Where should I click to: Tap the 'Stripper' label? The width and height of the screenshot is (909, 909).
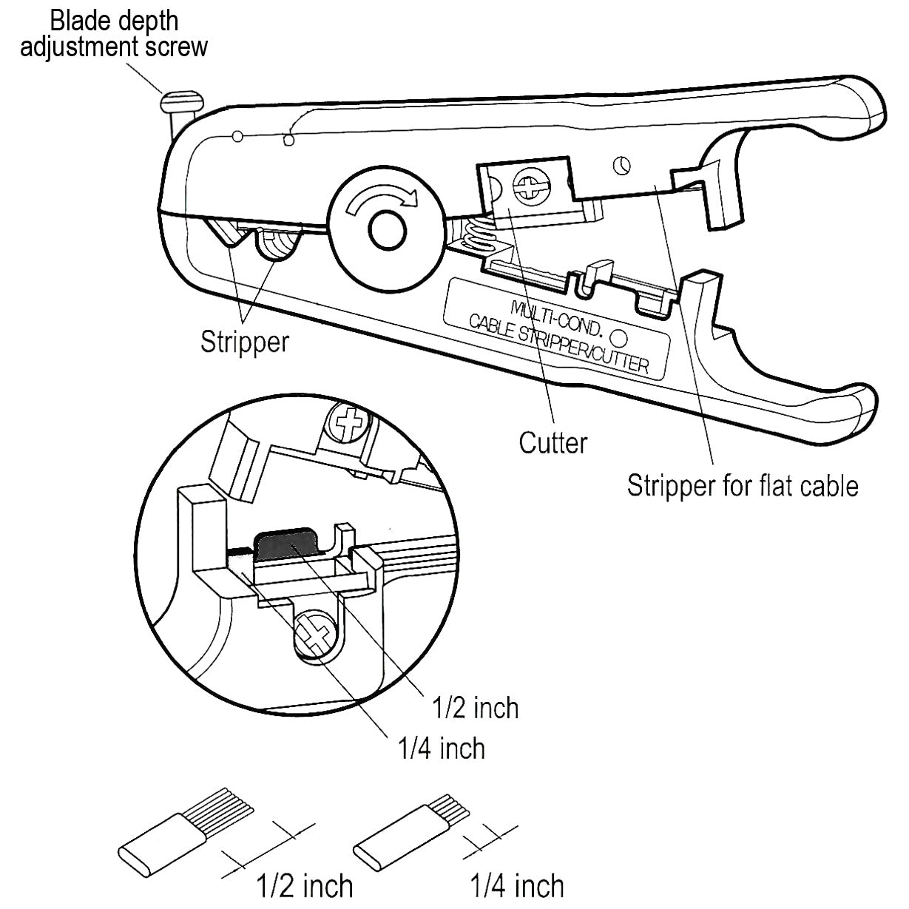coord(245,342)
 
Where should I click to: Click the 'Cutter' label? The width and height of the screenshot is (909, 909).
coord(553,443)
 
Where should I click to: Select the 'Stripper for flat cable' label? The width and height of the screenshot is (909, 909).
coord(743,486)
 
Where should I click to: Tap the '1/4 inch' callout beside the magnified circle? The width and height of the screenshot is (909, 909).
coord(442,749)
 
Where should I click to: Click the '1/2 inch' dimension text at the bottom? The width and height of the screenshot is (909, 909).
coord(304,885)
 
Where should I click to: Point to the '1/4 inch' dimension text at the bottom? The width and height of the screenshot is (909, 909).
coord(517,885)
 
